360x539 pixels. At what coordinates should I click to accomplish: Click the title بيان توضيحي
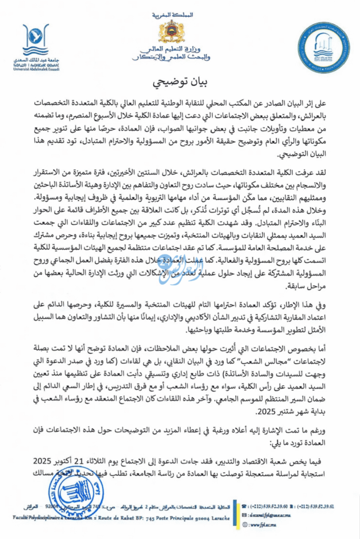point(179,83)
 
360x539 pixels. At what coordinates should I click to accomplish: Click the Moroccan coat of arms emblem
point(179,33)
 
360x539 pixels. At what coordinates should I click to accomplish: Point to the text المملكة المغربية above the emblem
point(179,11)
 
